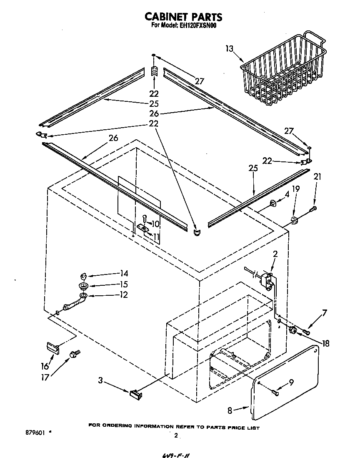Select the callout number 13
click(229, 49)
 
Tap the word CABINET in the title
click(166, 16)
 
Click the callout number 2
click(275, 254)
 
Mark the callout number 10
click(155, 224)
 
